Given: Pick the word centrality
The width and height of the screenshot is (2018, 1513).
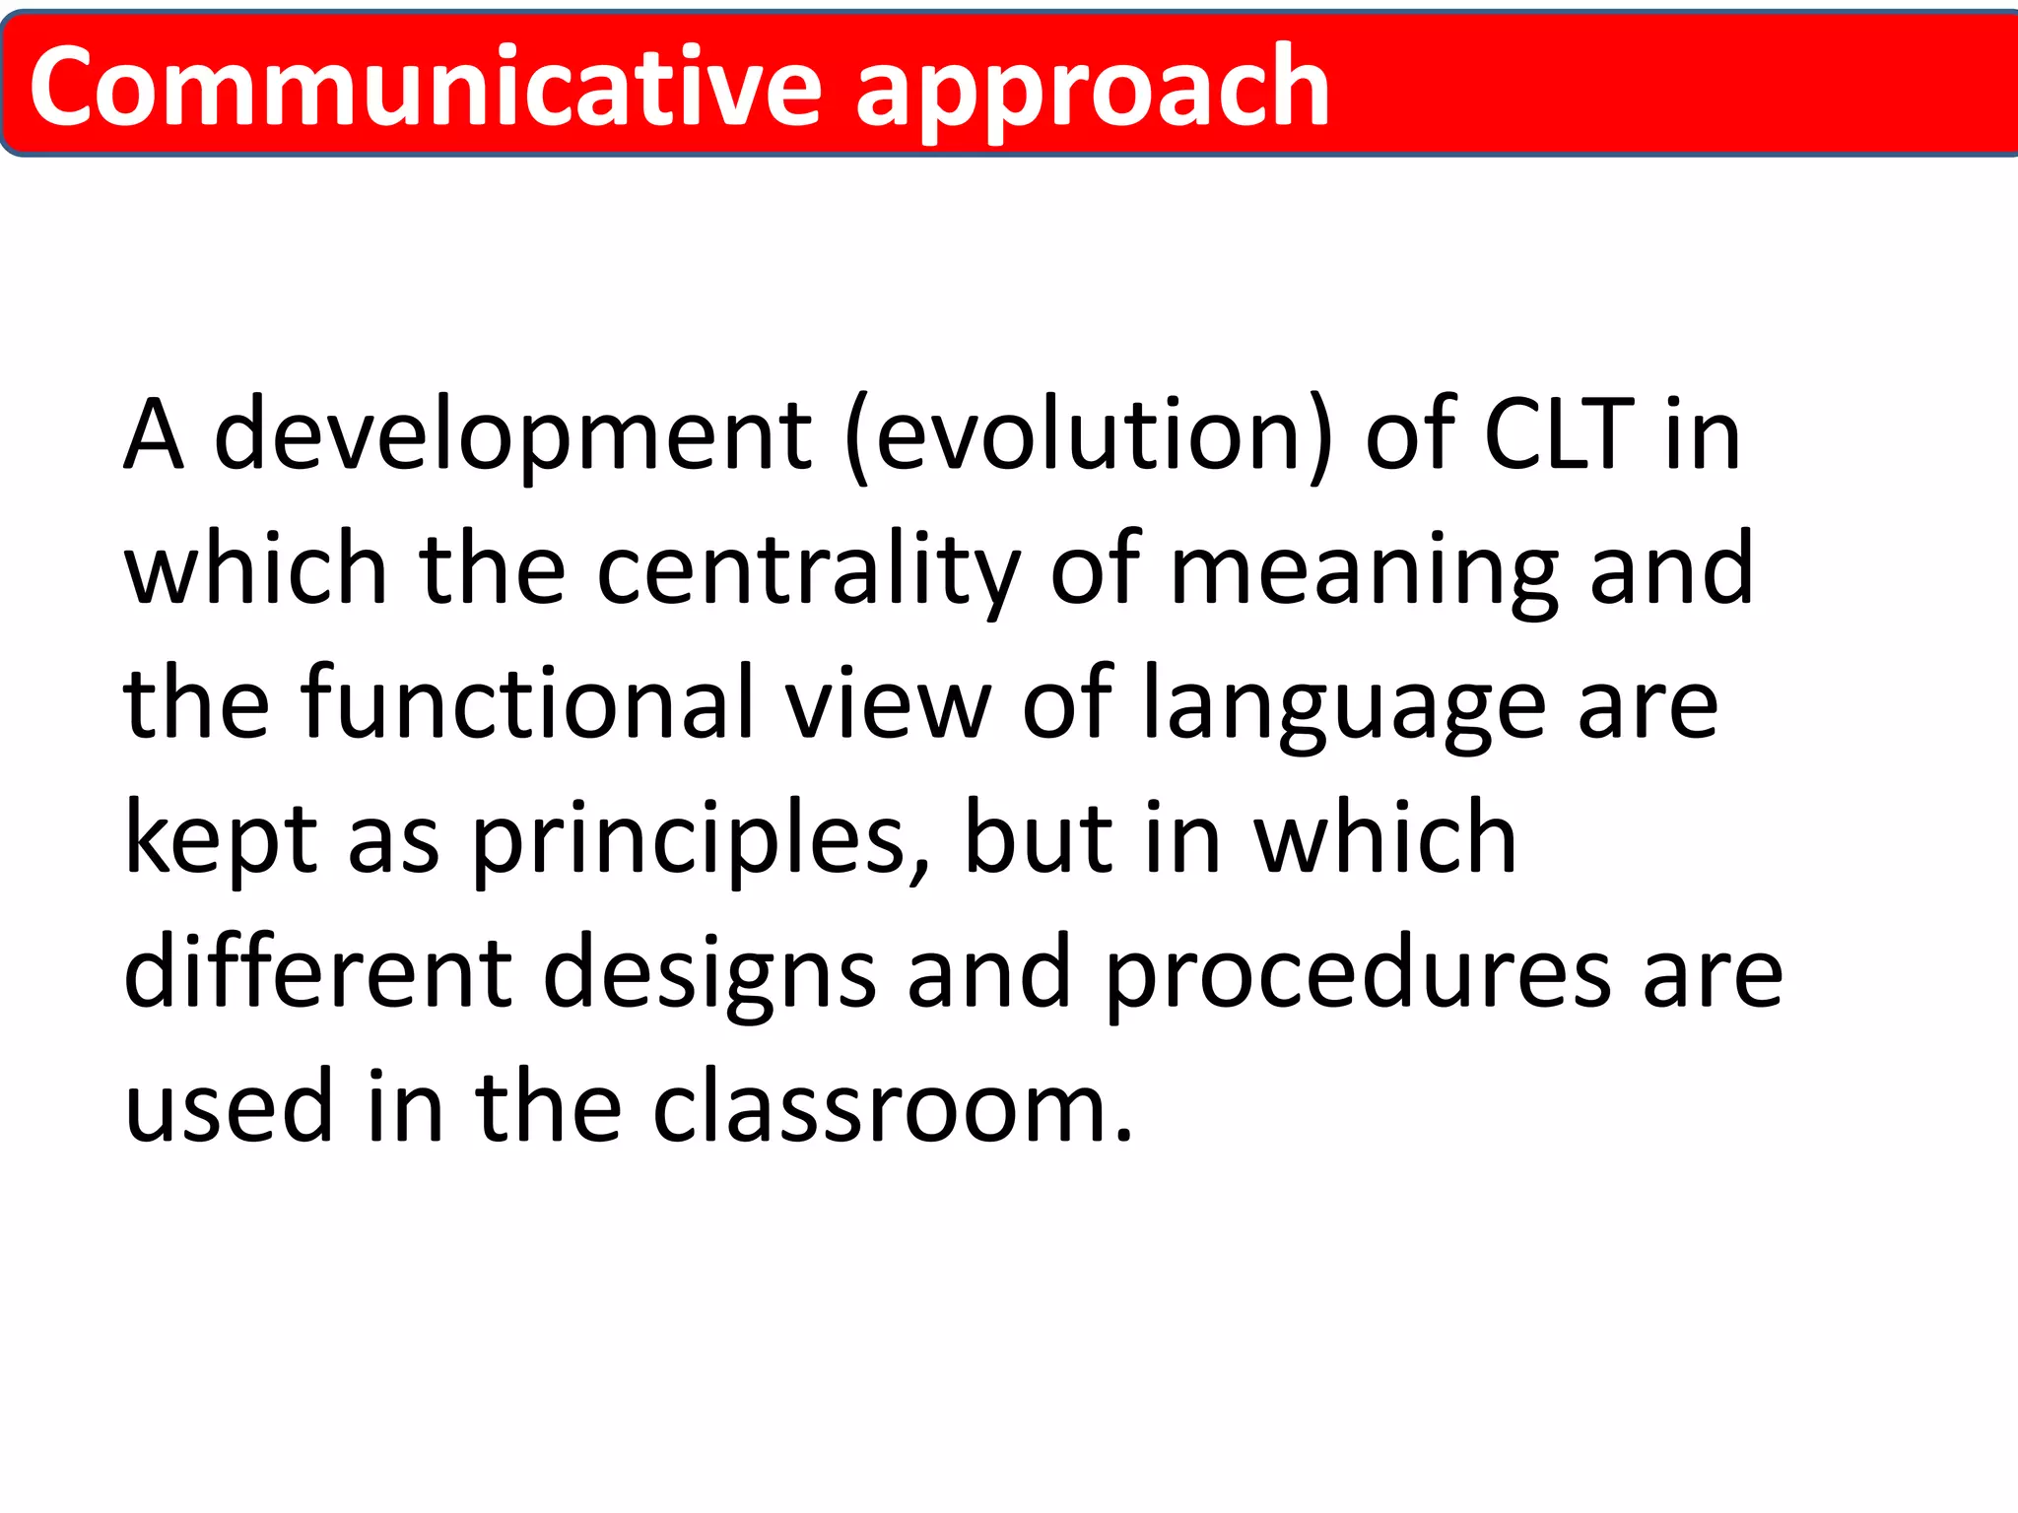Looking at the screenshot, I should pos(808,569).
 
